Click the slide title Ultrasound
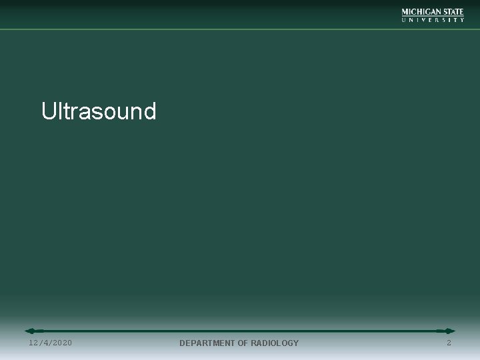99,111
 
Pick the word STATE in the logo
453,12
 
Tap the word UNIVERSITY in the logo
433,20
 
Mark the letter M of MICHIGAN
405,12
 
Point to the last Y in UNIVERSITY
462,20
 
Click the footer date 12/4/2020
51,343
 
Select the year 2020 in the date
61,343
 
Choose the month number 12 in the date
34,343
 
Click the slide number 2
449,343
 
